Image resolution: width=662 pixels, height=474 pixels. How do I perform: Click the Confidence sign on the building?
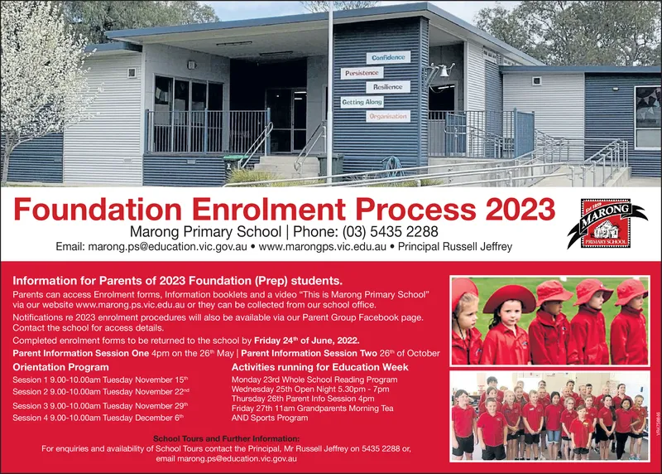click(x=388, y=57)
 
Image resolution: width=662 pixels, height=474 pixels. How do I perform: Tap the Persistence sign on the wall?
click(x=362, y=73)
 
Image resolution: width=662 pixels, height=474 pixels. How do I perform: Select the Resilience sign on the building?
click(x=387, y=87)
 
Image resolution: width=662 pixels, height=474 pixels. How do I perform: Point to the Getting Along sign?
click(x=362, y=102)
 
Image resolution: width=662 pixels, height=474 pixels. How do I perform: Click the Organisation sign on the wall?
click(x=387, y=116)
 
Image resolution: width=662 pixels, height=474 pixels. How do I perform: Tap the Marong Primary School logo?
click(x=607, y=223)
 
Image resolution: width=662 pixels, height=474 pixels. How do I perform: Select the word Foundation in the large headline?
click(x=98, y=209)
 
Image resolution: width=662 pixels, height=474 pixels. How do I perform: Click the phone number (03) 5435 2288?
click(x=390, y=232)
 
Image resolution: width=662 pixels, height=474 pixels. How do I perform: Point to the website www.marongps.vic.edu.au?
click(x=322, y=246)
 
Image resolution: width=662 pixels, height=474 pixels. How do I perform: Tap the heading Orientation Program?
click(x=60, y=367)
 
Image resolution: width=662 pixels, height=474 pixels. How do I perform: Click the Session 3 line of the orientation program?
click(x=100, y=406)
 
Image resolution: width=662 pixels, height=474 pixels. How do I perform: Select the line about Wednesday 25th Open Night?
click(x=310, y=389)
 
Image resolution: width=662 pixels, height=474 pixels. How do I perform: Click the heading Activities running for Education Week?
click(x=320, y=367)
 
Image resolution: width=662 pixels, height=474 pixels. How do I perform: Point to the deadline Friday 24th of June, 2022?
click(x=307, y=341)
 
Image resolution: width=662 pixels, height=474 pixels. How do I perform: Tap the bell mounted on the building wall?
click(x=444, y=72)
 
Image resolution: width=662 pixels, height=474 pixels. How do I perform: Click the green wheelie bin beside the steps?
click(x=231, y=162)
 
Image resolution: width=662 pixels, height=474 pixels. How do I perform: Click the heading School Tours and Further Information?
click(x=226, y=438)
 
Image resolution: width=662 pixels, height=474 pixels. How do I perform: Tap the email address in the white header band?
click(x=151, y=246)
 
